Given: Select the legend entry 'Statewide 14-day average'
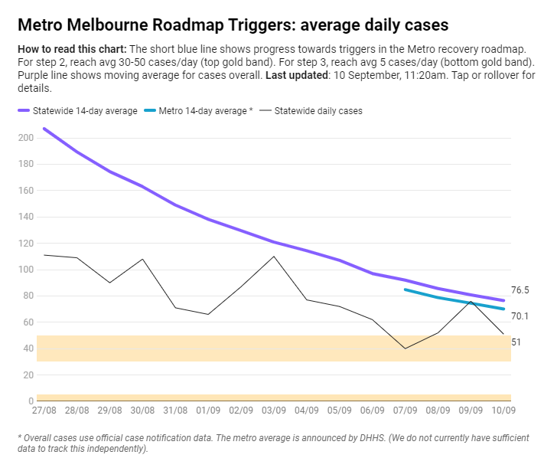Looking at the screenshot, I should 85,111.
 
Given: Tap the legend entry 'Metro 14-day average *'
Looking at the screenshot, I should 204,111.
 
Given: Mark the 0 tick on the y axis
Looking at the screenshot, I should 31,401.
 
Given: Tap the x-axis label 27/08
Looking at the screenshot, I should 44,411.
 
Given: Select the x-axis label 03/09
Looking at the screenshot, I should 274,411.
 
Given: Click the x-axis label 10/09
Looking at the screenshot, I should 503,411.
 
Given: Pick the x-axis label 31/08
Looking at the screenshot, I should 175,411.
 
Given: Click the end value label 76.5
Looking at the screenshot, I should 520,290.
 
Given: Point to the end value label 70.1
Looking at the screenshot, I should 520,316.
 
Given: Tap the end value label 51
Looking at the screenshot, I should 516,342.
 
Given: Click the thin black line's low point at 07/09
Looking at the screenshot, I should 405,348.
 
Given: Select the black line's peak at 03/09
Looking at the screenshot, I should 274,256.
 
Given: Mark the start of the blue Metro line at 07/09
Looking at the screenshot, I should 405,290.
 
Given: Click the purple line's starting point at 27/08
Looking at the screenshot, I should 44,128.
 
